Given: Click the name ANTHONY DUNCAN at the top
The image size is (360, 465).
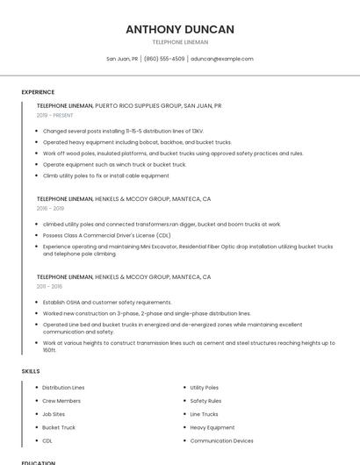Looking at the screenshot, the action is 179,29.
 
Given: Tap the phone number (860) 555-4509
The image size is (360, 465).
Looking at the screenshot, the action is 164,59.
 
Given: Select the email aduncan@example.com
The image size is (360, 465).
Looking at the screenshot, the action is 221,59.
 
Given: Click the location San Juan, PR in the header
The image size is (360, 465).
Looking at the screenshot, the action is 122,59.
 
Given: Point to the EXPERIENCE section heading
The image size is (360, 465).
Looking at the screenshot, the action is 38,92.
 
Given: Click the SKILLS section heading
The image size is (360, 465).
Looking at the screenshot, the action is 31,371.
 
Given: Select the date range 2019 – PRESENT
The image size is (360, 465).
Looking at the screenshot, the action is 54,115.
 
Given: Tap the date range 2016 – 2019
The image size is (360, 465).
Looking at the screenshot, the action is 50,209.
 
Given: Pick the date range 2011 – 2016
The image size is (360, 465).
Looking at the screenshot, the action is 49,287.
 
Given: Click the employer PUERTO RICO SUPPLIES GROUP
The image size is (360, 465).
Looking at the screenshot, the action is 137,105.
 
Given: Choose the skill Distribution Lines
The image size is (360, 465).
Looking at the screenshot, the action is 63,387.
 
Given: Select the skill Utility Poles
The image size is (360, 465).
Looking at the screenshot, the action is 204,387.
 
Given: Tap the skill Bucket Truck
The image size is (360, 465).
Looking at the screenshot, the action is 59,427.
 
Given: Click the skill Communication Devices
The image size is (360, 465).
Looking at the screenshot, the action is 221,440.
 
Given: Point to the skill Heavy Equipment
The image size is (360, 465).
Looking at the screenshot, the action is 212,427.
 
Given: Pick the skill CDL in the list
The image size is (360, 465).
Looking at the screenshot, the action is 47,440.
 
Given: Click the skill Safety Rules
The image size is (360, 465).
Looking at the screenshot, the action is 205,400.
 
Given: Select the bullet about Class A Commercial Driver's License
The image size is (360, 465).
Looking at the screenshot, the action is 106,235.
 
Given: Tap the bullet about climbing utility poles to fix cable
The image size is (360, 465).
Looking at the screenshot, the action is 105,175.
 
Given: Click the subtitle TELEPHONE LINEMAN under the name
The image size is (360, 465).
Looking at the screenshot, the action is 179,42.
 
